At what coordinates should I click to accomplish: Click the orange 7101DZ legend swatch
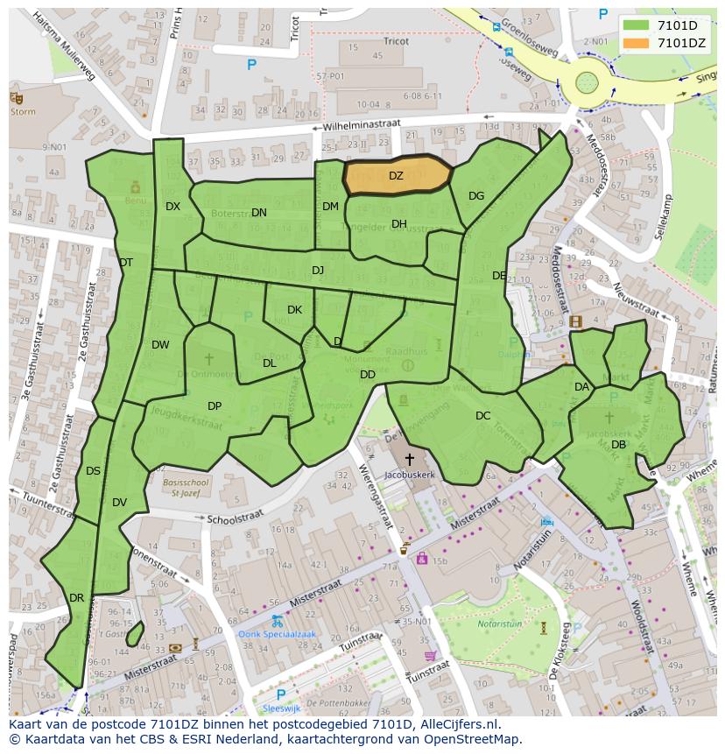tap(637, 43)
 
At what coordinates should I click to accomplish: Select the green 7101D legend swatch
tap(637, 25)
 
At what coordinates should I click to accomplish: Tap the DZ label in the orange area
tap(396, 176)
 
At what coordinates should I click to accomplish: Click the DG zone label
tap(476, 196)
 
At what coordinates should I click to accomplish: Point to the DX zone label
tap(172, 207)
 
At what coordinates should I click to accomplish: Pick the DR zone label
tap(76, 598)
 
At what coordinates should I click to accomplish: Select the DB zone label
tap(618, 445)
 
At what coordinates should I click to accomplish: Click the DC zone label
tap(482, 416)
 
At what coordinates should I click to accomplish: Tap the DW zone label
tap(160, 345)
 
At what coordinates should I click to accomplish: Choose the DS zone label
tap(93, 471)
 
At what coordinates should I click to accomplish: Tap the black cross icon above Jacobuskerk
tap(409, 458)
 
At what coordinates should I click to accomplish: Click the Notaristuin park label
tap(499, 624)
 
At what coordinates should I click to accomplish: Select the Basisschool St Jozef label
tap(185, 487)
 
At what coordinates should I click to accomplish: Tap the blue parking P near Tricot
tap(251, 64)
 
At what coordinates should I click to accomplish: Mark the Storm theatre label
tap(23, 111)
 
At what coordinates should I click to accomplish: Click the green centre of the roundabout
tap(587, 85)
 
